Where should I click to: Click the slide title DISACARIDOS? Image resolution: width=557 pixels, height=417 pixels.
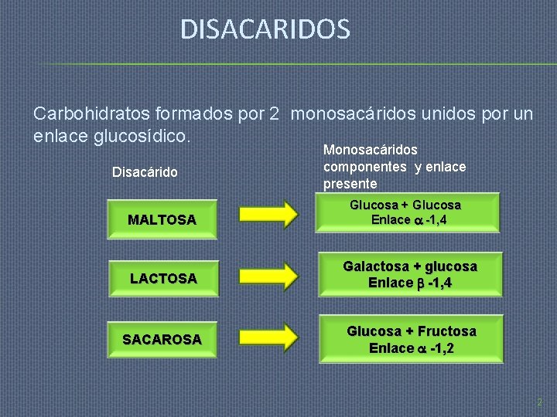(x=265, y=30)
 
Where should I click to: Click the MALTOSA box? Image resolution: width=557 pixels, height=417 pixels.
(x=162, y=220)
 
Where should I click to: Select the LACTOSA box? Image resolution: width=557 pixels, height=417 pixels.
(x=162, y=278)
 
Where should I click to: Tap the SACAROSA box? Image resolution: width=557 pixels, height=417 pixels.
(x=162, y=339)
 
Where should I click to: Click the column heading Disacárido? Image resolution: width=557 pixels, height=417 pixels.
(x=145, y=171)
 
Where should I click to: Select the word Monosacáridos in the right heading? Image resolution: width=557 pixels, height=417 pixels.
(x=370, y=150)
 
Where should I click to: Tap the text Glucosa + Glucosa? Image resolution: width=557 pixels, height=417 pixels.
(x=405, y=205)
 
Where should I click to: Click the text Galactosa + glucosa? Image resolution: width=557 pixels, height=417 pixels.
(x=410, y=266)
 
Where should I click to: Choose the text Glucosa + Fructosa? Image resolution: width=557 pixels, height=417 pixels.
(x=411, y=331)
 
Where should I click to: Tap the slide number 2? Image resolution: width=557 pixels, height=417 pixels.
(x=539, y=402)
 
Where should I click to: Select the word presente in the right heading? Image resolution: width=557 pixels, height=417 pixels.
(x=350, y=184)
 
